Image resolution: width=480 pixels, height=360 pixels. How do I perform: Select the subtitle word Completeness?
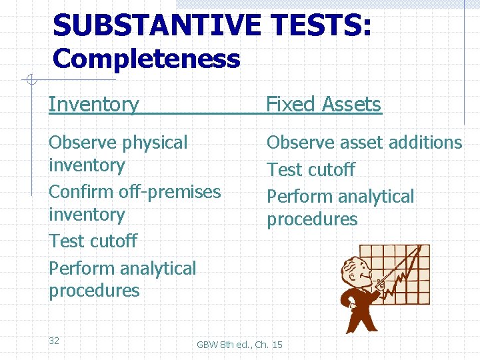(x=146, y=59)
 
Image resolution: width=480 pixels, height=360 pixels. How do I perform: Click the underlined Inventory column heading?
(x=94, y=105)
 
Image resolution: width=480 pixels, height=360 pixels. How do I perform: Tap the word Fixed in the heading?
(x=291, y=105)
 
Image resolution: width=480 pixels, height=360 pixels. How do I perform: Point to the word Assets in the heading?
(x=351, y=105)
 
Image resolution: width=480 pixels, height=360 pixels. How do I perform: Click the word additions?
(x=426, y=143)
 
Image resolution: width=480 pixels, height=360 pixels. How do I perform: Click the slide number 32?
(x=54, y=341)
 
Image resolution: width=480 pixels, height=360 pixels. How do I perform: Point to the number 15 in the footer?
(x=277, y=345)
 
